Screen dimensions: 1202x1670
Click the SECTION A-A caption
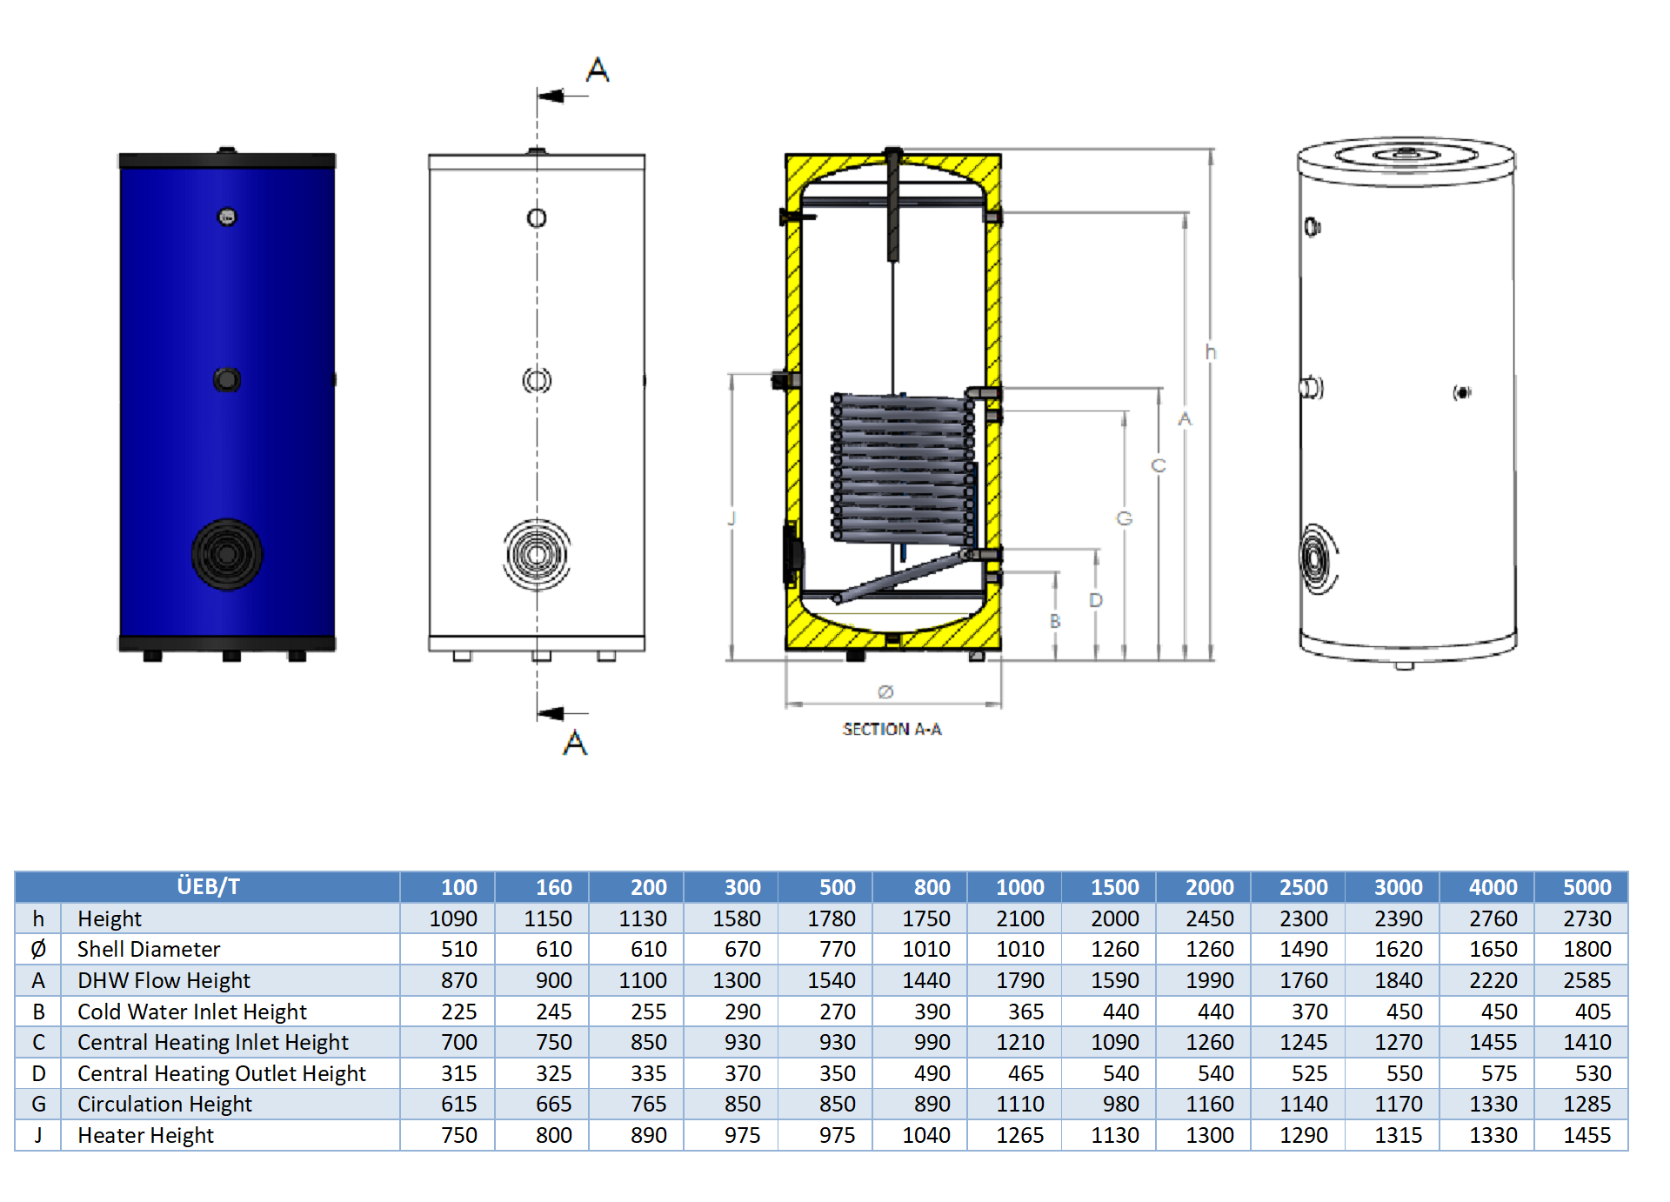[x=892, y=729]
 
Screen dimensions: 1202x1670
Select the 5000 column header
[x=1586, y=887]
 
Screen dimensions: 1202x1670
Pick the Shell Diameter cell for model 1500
[x=1114, y=949]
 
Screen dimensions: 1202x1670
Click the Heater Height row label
[x=145, y=1135]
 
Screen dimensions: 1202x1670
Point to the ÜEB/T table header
[x=208, y=886]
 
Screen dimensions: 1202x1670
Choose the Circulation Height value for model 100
[x=458, y=1104]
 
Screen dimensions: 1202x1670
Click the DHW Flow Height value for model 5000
[x=1586, y=980]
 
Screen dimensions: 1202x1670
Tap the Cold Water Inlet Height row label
[x=191, y=1012]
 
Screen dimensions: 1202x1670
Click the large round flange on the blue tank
[x=227, y=554]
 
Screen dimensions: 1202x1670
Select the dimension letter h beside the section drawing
[x=1210, y=352]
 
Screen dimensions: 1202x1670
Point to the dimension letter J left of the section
[x=731, y=518]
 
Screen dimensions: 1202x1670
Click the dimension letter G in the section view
[x=1124, y=518]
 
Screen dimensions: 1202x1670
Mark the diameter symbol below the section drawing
[x=885, y=691]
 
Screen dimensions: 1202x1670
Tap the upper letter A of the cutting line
[x=598, y=70]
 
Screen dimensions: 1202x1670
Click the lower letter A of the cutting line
[x=575, y=743]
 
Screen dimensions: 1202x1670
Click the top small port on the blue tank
[x=227, y=217]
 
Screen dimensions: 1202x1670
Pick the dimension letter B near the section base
[x=1055, y=621]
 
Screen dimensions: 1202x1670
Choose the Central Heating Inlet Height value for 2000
[x=1209, y=1042]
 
